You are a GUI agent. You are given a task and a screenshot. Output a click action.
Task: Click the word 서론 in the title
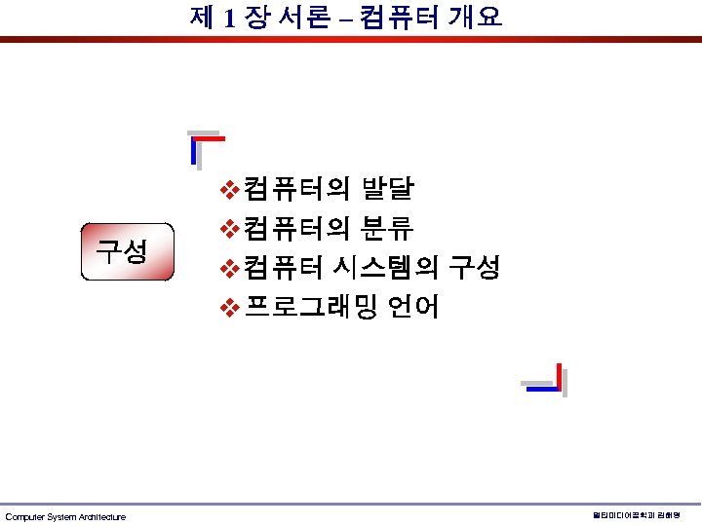click(x=304, y=17)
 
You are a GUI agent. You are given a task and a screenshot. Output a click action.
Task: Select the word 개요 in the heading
click(x=476, y=17)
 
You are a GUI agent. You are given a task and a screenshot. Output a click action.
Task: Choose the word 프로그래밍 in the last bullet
click(x=309, y=308)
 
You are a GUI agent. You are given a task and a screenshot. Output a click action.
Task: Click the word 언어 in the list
click(x=413, y=308)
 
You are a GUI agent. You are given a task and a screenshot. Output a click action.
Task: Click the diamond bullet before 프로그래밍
click(x=229, y=309)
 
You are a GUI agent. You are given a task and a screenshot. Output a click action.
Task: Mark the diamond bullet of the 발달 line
click(x=229, y=188)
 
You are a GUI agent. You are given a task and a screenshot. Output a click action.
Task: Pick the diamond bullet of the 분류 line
click(x=229, y=229)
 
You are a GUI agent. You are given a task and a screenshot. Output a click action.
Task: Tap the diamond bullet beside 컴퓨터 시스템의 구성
click(x=229, y=268)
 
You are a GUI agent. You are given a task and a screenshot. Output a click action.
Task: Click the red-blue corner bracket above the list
click(x=205, y=146)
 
